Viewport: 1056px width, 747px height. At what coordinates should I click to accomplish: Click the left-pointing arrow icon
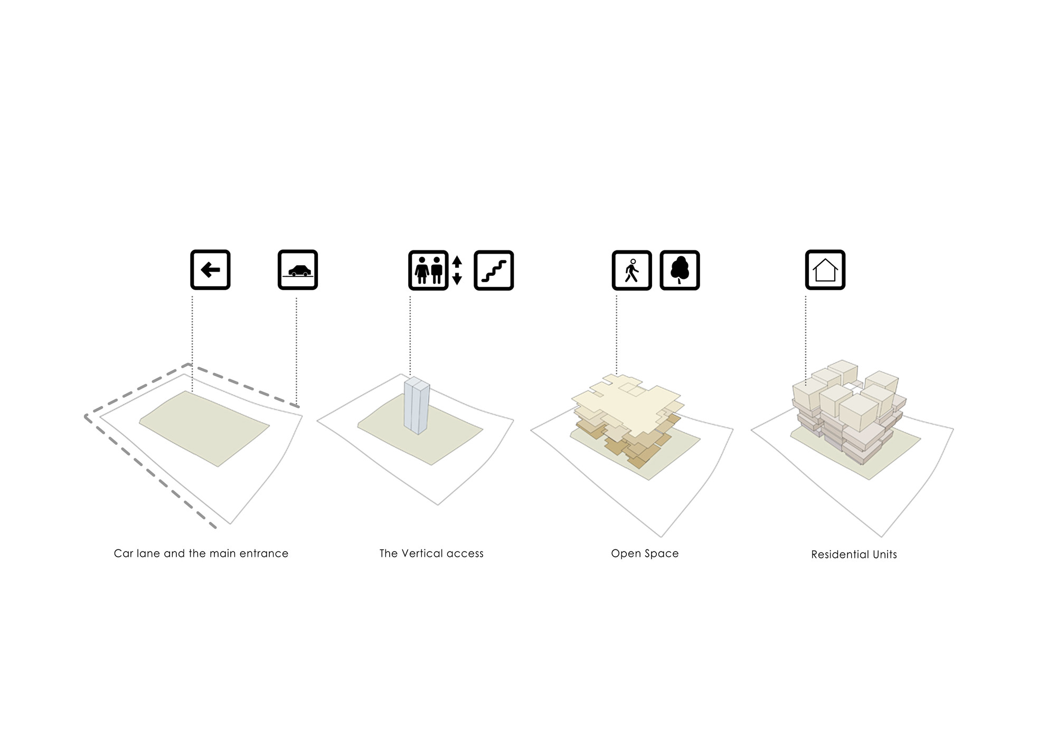point(210,270)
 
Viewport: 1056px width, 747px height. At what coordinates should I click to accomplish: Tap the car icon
point(298,270)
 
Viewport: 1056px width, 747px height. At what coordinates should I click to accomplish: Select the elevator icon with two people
point(428,270)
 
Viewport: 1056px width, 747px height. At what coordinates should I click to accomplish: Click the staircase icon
point(494,270)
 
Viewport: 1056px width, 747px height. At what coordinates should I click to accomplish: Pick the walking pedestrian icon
point(632,270)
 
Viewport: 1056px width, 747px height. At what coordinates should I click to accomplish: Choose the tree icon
point(680,270)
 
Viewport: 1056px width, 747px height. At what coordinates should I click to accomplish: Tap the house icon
point(825,270)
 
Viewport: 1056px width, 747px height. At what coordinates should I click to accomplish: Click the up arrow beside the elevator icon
point(457,261)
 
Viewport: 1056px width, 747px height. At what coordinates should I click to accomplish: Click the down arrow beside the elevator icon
point(457,279)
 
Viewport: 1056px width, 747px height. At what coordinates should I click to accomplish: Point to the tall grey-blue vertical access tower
point(417,406)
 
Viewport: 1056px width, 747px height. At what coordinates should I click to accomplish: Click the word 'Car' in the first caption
point(124,554)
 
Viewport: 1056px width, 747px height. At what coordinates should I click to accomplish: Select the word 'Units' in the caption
point(885,555)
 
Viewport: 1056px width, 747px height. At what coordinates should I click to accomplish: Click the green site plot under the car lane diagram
point(205,428)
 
